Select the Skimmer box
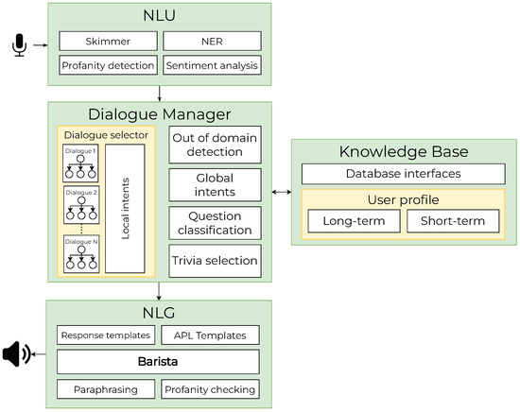click(x=107, y=42)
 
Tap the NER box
click(x=212, y=42)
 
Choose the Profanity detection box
click(x=107, y=66)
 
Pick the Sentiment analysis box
click(x=212, y=66)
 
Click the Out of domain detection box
click(x=215, y=146)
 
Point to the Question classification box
click(x=215, y=223)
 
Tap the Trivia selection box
click(x=215, y=259)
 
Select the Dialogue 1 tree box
click(x=79, y=163)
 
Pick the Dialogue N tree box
click(x=79, y=253)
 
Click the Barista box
click(x=159, y=361)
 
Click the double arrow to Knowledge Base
click(x=281, y=192)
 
